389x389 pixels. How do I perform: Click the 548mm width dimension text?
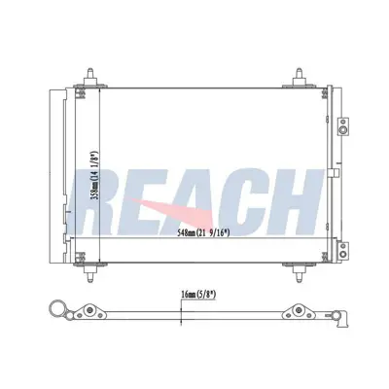[216, 234]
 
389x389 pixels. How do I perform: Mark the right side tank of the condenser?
[332, 175]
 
